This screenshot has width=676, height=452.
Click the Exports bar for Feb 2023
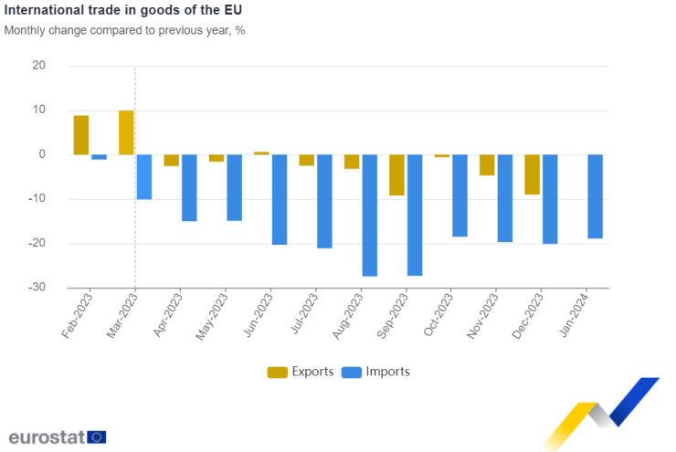tap(81, 135)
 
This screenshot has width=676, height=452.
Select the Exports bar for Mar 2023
tap(126, 132)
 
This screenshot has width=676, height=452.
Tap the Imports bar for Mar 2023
tap(144, 177)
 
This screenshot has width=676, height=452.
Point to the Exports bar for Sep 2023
tap(396, 175)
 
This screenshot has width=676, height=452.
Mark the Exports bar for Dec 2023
tap(532, 174)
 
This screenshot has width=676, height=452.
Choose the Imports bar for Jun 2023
tap(280, 200)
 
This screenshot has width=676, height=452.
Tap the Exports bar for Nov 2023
tap(487, 165)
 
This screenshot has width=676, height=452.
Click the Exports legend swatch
tap(278, 373)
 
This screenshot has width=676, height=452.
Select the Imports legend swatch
tap(352, 373)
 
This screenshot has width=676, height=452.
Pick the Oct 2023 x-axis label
tap(438, 315)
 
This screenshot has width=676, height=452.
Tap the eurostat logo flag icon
tap(98, 437)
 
